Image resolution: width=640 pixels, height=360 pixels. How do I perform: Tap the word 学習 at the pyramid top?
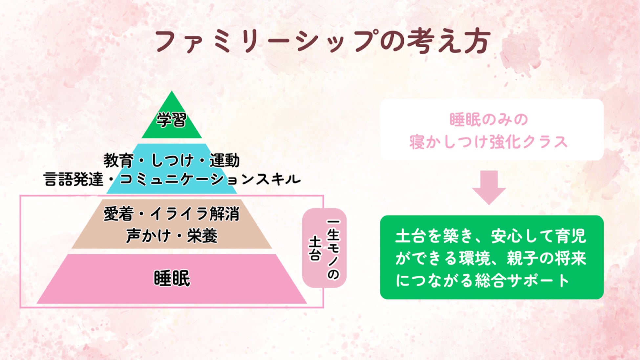(171, 120)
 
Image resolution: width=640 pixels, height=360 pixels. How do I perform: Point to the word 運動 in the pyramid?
(225, 161)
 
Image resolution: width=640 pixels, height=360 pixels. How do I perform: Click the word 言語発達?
(73, 180)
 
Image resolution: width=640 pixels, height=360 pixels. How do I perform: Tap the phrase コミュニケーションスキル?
(210, 180)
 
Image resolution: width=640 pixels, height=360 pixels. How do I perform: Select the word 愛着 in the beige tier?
(118, 214)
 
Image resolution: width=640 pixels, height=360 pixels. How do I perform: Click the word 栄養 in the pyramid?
(202, 236)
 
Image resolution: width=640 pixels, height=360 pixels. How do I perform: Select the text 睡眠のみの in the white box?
(488, 119)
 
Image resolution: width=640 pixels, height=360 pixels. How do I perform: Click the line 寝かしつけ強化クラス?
(488, 142)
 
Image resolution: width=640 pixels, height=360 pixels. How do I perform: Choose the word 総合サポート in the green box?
(522, 281)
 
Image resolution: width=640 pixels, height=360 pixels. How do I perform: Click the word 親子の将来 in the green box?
(546, 259)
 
